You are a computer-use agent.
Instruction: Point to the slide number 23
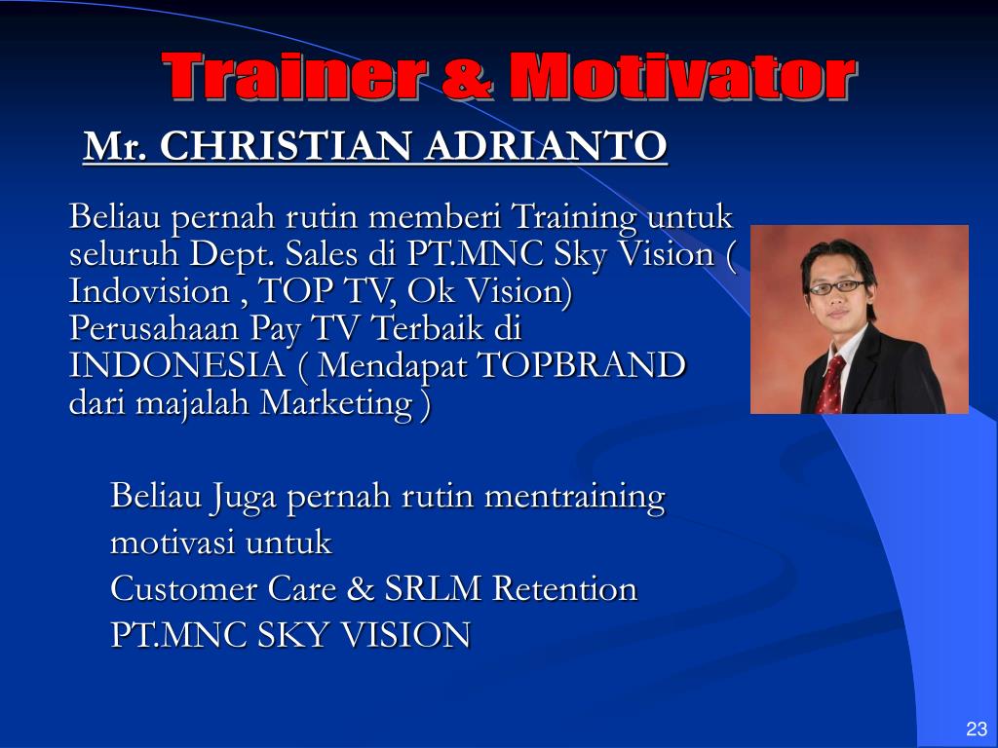976,729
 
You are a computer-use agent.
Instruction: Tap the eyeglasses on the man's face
837,287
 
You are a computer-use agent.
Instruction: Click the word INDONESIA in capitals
176,365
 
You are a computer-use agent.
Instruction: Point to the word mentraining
574,496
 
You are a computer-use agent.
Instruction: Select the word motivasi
173,542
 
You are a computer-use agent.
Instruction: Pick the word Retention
565,589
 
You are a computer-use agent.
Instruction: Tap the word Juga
243,498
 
